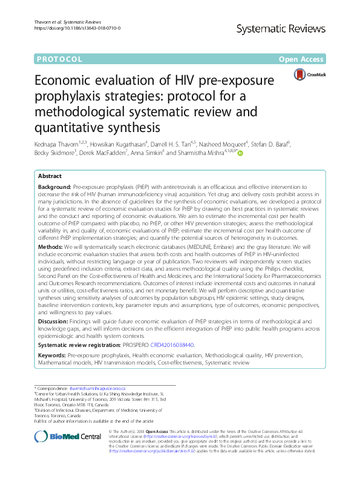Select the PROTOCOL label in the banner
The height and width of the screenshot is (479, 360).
(59, 59)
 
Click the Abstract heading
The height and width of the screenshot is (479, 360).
(50, 175)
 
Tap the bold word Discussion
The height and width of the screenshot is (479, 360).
(54, 321)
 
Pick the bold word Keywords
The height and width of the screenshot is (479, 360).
(51, 355)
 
